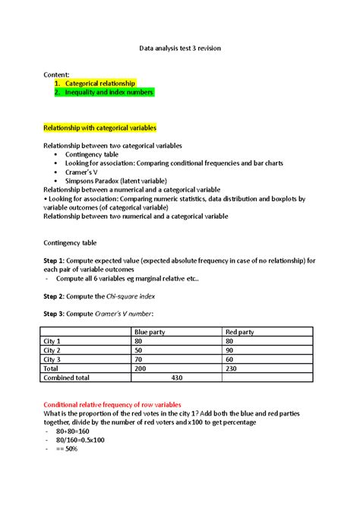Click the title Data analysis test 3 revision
[x=179, y=47]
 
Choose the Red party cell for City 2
[x=232, y=350]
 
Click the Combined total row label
[x=67, y=377]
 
